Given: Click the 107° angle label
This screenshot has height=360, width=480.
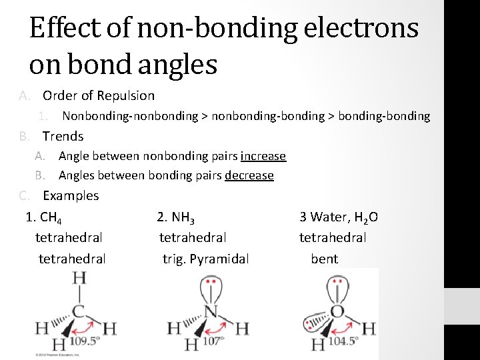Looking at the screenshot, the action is point(213,341).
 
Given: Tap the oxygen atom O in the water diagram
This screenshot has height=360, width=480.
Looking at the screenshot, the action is point(338,310).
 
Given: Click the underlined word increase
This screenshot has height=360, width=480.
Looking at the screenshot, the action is point(263,156).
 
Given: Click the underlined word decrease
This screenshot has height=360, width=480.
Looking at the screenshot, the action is point(249,175).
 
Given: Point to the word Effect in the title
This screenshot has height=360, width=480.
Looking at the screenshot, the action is point(63,29).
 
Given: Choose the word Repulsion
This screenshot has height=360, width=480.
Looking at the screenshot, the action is point(126,95).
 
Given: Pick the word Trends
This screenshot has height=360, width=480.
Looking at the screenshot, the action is point(63,136).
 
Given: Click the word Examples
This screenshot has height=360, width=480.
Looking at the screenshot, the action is point(71,195).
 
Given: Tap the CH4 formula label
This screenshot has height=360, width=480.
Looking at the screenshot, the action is point(52,217).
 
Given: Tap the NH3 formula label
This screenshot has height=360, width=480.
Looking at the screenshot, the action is point(183,217).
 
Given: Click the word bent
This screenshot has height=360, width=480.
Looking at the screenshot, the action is point(325,259).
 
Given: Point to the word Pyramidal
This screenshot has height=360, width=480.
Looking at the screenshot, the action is point(219,259).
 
